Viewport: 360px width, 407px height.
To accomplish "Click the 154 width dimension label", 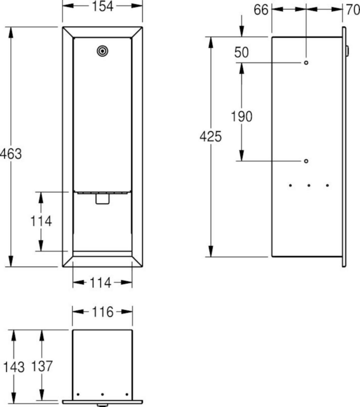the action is (x=102, y=6).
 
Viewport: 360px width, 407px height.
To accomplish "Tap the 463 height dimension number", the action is (x=11, y=154).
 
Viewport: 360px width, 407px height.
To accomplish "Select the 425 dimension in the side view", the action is (x=211, y=137).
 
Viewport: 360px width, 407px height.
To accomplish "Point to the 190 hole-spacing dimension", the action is (x=242, y=117).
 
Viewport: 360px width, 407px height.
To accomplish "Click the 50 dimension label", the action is (x=241, y=53).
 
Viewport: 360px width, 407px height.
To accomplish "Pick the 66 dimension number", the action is (x=261, y=9).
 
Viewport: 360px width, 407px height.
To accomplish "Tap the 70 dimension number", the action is (x=353, y=9).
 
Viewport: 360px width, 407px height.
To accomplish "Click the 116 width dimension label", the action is (x=102, y=312).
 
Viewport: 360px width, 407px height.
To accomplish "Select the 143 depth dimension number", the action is (x=14, y=367).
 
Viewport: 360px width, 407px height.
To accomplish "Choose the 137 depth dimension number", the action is (x=42, y=366).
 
